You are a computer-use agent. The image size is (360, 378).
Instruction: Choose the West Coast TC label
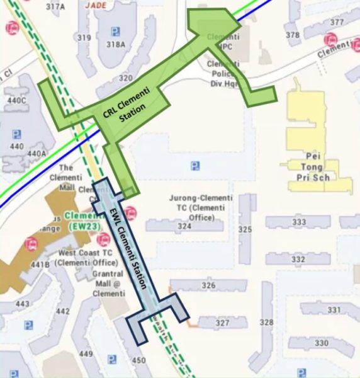[88, 257]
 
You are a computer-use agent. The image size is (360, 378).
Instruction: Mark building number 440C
[16, 100]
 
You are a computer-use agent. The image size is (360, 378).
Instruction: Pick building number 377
[337, 23]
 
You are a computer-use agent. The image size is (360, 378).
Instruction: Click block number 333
[299, 222]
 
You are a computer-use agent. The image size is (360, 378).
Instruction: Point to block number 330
[321, 343]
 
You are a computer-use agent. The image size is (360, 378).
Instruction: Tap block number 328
[267, 323]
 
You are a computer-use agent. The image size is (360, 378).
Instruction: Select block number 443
[22, 304]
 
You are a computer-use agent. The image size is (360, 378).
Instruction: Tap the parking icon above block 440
[17, 134]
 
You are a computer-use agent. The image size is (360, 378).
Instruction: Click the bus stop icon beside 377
[329, 39]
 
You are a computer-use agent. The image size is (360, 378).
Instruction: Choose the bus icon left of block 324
[130, 212]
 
